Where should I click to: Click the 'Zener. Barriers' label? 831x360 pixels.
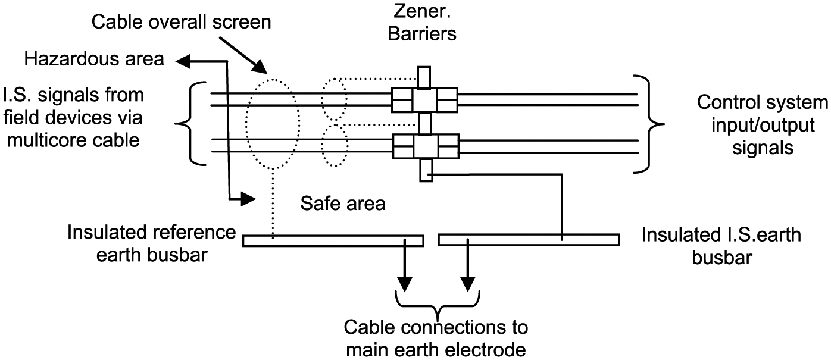pyautogui.click(x=422, y=22)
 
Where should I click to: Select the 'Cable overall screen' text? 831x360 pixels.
pyautogui.click(x=181, y=22)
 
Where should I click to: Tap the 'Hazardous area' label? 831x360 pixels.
pyautogui.click(x=94, y=59)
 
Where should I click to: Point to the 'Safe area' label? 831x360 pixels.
pyautogui.click(x=343, y=203)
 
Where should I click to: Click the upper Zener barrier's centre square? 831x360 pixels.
pyautogui.click(x=424, y=100)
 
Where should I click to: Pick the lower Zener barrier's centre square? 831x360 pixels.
pyautogui.click(x=426, y=146)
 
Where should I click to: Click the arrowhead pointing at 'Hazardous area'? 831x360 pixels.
pyautogui.click(x=183, y=61)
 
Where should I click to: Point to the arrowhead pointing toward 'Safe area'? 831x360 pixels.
pyautogui.click(x=249, y=199)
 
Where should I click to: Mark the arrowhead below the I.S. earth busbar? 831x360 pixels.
pyautogui.click(x=467, y=284)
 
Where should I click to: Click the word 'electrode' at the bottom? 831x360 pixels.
pyautogui.click(x=486, y=350)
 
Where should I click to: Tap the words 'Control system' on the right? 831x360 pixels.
pyautogui.click(x=763, y=102)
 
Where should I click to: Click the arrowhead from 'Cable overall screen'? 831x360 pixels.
pyautogui.click(x=260, y=68)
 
